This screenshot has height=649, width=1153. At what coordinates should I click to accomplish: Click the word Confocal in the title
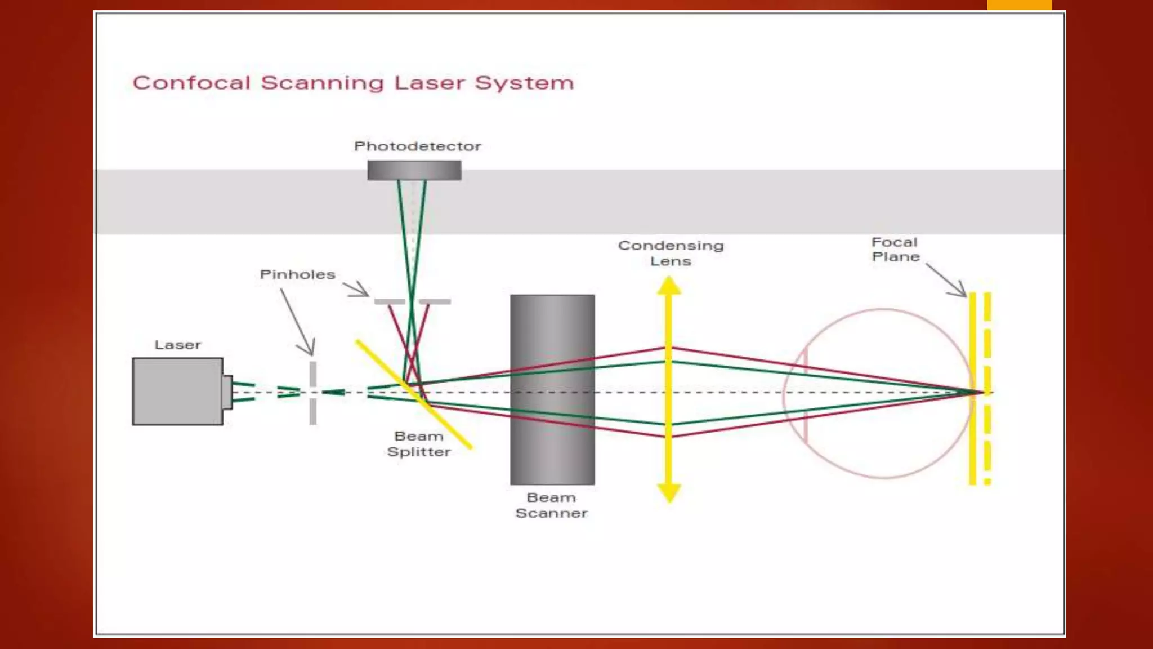191,83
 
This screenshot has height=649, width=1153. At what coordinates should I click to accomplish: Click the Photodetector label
417,146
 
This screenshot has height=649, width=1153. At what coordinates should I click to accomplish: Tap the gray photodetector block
414,170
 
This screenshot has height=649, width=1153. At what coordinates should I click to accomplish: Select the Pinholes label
297,274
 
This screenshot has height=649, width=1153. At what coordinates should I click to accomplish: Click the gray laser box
177,391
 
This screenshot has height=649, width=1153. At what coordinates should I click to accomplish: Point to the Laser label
177,345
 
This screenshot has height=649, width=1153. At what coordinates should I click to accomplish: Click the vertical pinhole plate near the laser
313,393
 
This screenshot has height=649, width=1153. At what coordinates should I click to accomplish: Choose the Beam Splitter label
419,444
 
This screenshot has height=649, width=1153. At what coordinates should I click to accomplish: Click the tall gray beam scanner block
552,389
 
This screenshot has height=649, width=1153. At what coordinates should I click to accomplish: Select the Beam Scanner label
552,505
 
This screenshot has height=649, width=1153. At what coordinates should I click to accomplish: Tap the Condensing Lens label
671,253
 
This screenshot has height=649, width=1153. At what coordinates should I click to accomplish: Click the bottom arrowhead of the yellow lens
669,493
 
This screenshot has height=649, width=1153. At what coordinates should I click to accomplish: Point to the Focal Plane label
895,249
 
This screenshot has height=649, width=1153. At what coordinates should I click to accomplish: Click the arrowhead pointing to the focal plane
960,292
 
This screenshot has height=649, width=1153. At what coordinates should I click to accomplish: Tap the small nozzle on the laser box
227,392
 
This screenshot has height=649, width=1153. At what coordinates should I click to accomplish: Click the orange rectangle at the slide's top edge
1019,5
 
